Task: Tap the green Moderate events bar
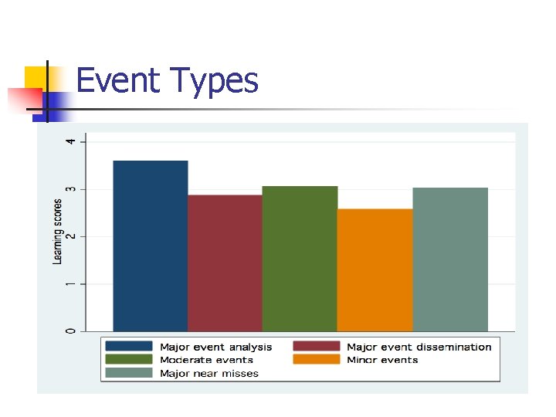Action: pos(300,259)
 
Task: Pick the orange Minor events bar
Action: pos(375,270)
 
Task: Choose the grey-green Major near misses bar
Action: pos(450,259)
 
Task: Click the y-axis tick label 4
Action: pos(72,141)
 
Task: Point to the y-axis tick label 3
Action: pos(72,189)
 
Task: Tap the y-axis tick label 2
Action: pos(72,236)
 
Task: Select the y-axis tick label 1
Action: pos(72,284)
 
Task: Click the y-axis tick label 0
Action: pos(72,331)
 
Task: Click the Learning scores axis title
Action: pos(58,232)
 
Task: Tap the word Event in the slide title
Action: pos(120,80)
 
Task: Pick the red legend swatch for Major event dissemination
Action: pos(316,347)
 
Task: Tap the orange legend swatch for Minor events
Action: pos(316,360)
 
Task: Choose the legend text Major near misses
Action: pos(209,373)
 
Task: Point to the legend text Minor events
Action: pos(382,360)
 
